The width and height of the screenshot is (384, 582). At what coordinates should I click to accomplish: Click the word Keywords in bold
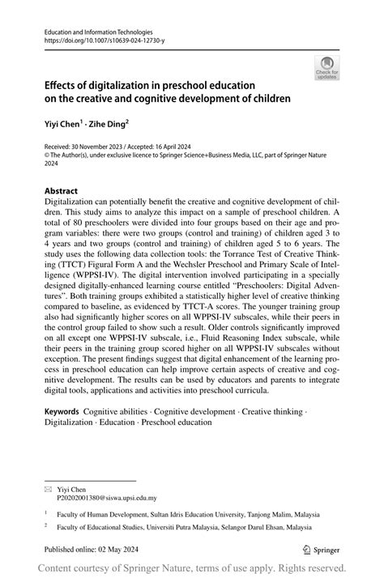coord(66,413)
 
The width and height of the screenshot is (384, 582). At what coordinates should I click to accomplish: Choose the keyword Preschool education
coord(176,423)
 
